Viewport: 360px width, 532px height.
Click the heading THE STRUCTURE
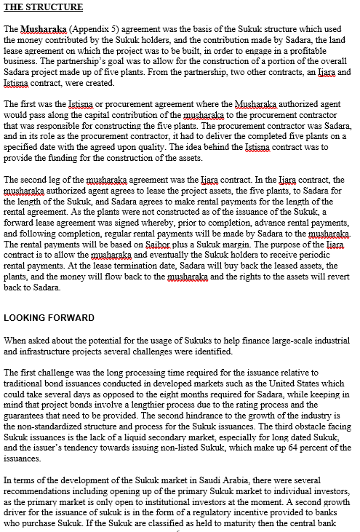pos(43,8)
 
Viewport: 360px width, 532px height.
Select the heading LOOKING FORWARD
pos(49,318)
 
